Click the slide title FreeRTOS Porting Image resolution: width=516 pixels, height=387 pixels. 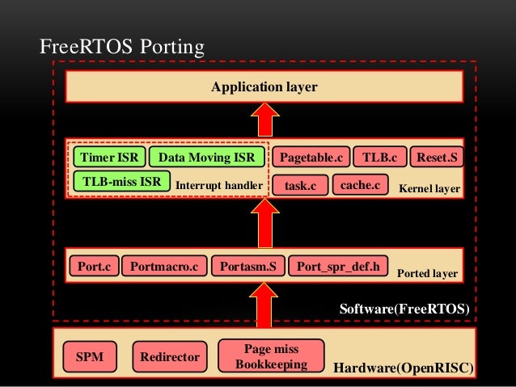(121, 48)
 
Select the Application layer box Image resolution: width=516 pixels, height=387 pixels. (264, 86)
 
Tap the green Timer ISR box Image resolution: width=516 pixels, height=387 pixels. (109, 156)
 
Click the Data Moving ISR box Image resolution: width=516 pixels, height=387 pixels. (206, 156)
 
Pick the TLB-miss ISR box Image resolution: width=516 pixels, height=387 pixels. (122, 182)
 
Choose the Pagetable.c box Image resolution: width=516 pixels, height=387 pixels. (311, 156)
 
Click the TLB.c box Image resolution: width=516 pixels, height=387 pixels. (379, 156)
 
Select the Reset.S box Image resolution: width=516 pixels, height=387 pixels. (437, 156)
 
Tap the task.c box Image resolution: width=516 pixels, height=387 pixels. (299, 186)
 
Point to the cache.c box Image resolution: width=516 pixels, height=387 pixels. (360, 185)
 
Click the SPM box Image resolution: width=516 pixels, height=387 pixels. (89, 355)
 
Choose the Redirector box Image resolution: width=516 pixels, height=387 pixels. (169, 355)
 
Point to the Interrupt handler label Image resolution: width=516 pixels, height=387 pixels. (219, 186)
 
